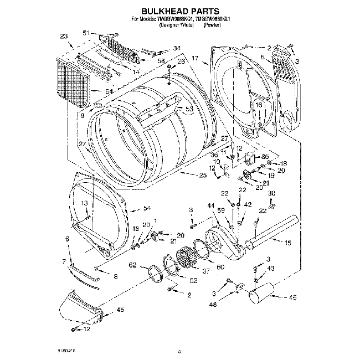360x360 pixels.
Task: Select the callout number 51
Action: tap(86, 33)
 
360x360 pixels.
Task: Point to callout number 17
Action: tap(195, 58)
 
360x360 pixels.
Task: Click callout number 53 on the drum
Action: tap(189, 109)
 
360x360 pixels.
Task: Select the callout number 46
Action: tap(292, 297)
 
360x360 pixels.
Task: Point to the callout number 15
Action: tap(287, 243)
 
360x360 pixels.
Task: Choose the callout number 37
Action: tap(206, 271)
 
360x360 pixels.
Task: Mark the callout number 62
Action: tap(132, 265)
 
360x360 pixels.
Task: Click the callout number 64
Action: tap(109, 91)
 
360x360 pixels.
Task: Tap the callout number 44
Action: tap(210, 206)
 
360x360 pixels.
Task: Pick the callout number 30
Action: tap(271, 193)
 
